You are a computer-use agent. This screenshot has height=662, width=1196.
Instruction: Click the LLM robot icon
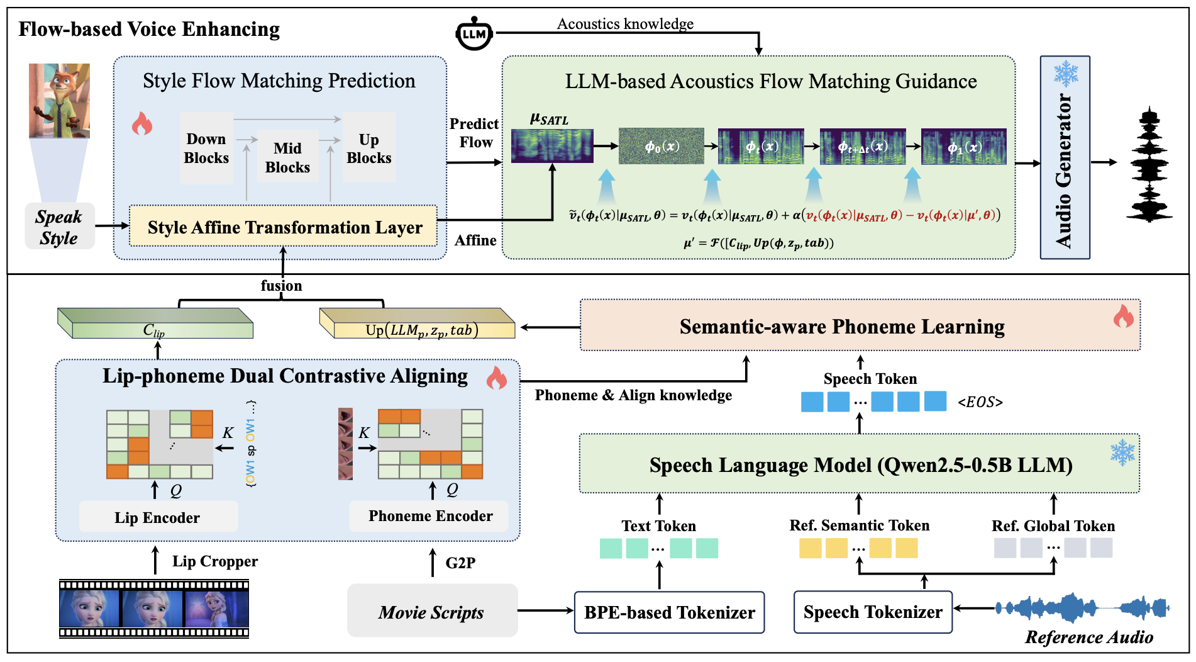pyautogui.click(x=473, y=33)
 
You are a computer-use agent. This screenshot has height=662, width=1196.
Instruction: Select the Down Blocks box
pyautogui.click(x=206, y=149)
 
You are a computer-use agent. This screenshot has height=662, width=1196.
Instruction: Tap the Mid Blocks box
pyautogui.click(x=287, y=157)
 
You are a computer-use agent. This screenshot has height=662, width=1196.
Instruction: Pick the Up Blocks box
pyautogui.click(x=369, y=148)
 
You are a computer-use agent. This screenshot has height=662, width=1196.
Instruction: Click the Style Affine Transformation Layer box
pyautogui.click(x=283, y=226)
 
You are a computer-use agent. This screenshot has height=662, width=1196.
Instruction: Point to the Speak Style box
pyautogui.click(x=60, y=227)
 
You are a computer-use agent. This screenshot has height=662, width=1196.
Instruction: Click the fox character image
pyautogui.click(x=59, y=101)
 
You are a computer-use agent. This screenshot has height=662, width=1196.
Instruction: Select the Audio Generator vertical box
pyautogui.click(x=1065, y=157)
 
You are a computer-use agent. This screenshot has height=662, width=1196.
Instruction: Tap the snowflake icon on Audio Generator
pyautogui.click(x=1066, y=74)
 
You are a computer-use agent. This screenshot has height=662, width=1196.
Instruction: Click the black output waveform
pyautogui.click(x=1149, y=164)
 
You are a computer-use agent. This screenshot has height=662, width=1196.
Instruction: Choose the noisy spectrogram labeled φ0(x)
pyautogui.click(x=661, y=146)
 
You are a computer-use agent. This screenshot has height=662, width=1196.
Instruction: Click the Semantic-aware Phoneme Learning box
pyautogui.click(x=860, y=325)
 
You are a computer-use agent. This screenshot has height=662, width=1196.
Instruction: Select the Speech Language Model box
pyautogui.click(x=860, y=464)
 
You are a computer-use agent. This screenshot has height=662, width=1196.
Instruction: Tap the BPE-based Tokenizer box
pyautogui.click(x=670, y=612)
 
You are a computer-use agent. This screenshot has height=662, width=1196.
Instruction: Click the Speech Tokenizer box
pyautogui.click(x=873, y=612)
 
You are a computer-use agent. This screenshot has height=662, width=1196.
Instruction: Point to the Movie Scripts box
pyautogui.click(x=432, y=611)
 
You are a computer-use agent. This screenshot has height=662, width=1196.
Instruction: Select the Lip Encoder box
pyautogui.click(x=158, y=517)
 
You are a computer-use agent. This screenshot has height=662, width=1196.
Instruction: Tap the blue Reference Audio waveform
pyautogui.click(x=1082, y=608)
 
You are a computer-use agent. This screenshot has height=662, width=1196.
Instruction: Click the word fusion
pyautogui.click(x=281, y=286)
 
